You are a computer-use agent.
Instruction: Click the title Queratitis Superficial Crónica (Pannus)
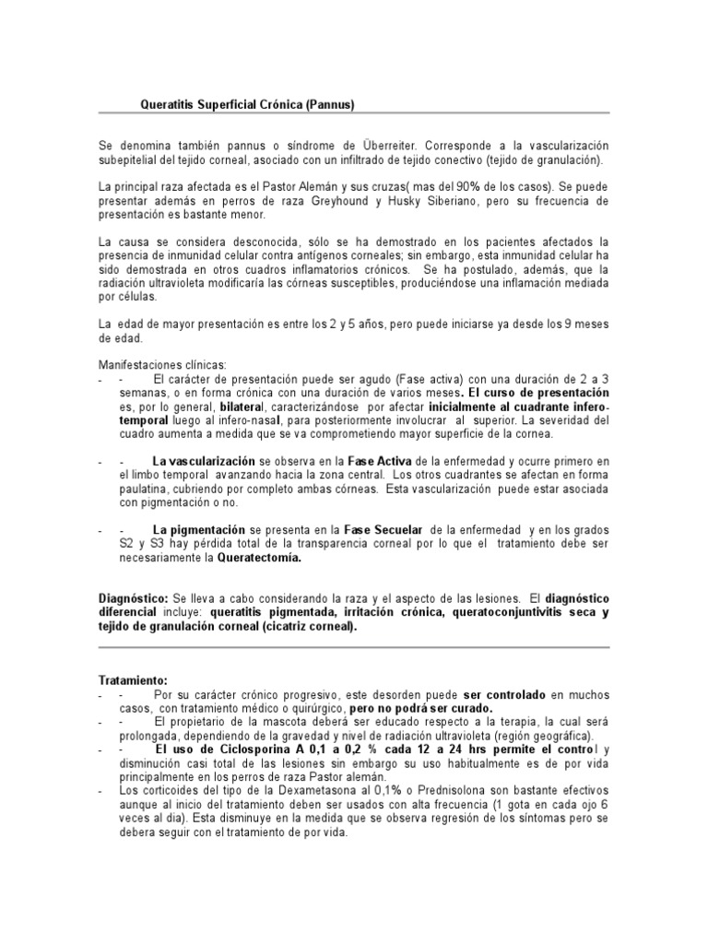[x=246, y=105]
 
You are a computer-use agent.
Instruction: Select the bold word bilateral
[x=242, y=407]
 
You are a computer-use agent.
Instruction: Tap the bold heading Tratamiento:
[x=136, y=680]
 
